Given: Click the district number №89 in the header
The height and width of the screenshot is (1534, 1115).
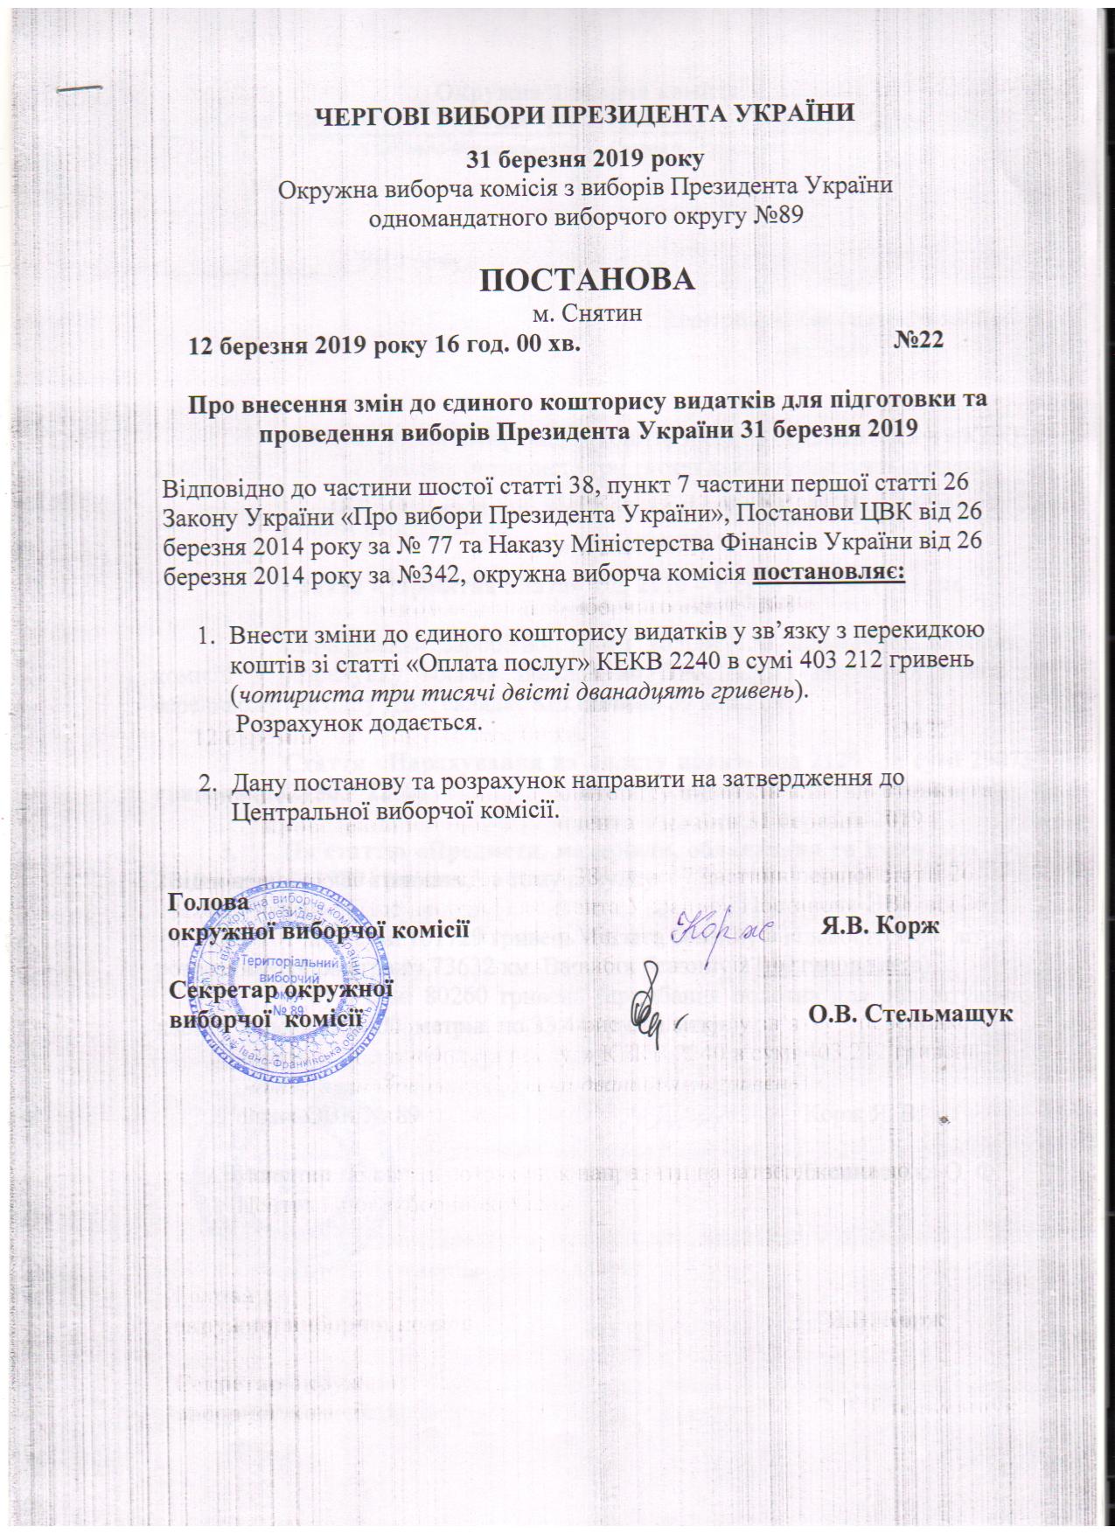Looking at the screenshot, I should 777,215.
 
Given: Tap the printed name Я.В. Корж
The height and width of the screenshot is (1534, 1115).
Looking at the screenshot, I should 881,926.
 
